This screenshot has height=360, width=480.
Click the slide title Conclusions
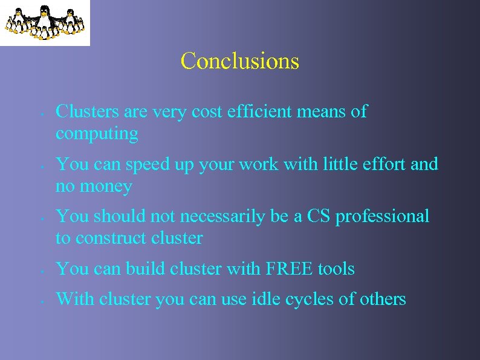pos(239,61)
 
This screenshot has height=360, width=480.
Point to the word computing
pos(97,134)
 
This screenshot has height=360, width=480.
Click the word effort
pos(382,164)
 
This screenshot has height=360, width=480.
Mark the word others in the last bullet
pos(383,298)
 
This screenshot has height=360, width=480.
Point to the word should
pos(115,216)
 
